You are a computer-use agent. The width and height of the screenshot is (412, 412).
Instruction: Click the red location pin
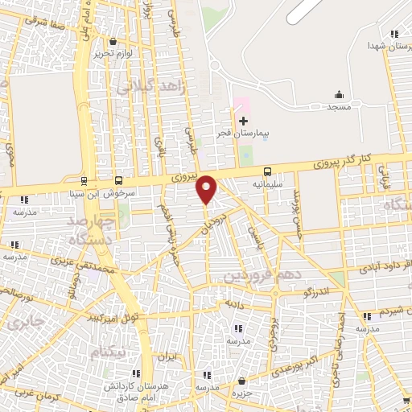point(207,188)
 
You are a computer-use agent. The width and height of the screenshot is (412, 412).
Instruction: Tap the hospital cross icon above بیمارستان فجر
point(243,121)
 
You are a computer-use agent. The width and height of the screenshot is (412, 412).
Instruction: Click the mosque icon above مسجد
point(338,94)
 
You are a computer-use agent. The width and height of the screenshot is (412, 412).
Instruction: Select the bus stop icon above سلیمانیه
point(267,171)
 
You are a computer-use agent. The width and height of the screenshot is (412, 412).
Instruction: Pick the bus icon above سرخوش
point(119,181)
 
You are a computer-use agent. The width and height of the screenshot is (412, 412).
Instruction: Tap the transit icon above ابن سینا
point(85,181)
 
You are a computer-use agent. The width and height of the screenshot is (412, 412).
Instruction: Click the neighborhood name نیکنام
point(109,352)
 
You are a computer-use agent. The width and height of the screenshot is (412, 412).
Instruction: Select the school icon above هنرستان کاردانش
point(136,373)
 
